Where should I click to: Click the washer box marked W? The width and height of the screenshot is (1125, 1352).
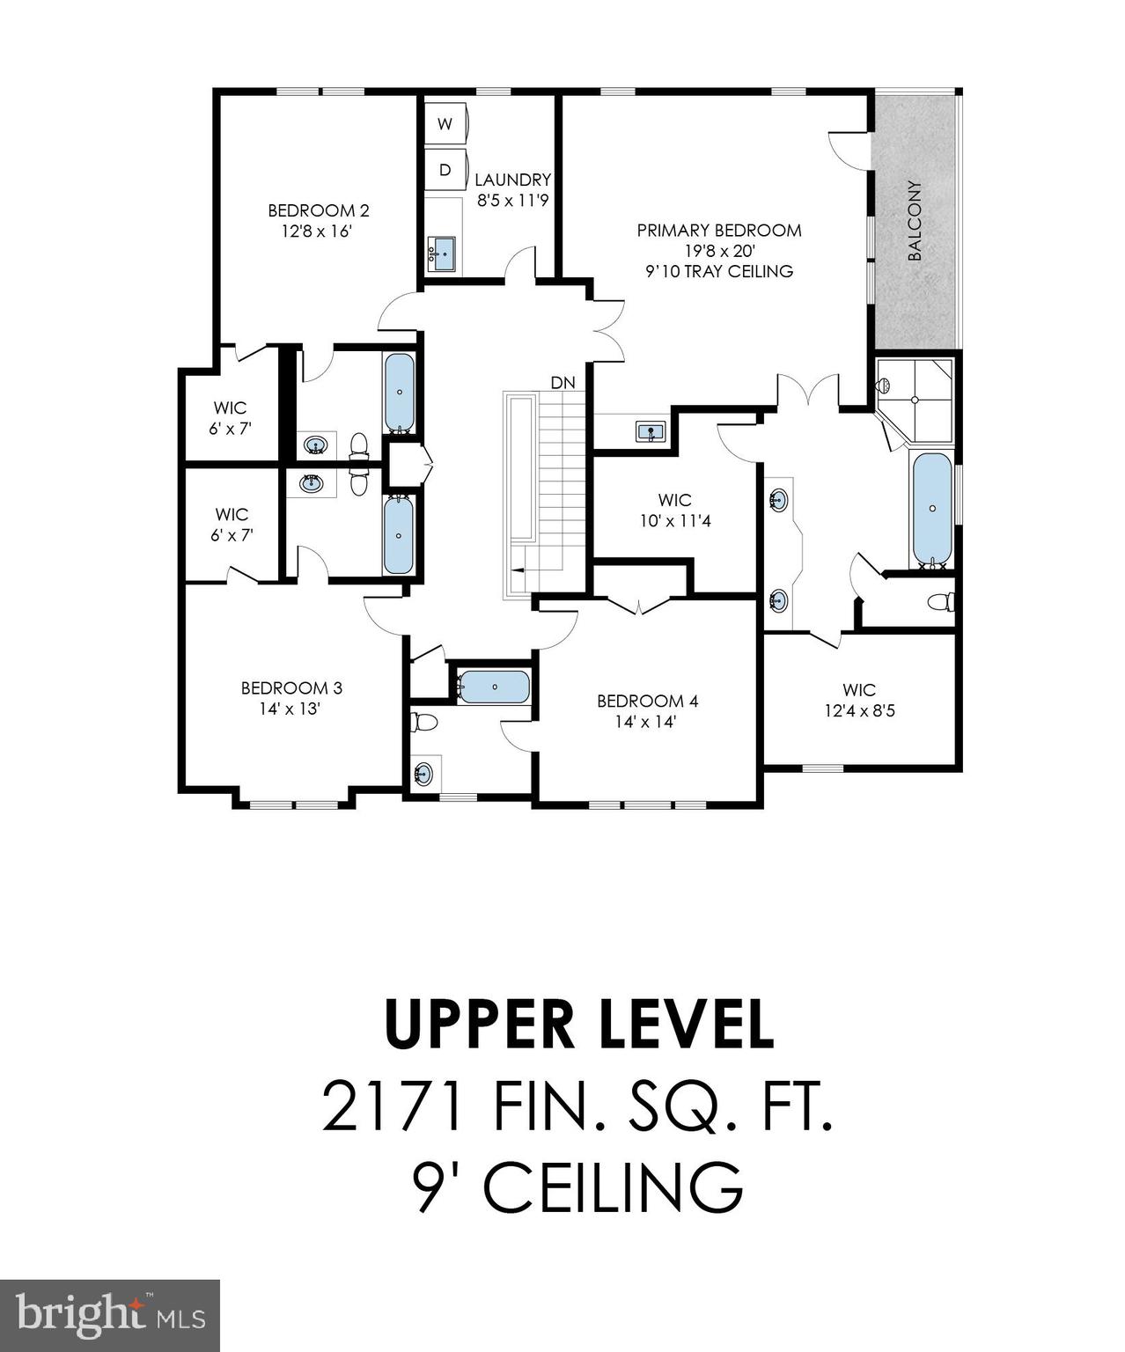click(445, 124)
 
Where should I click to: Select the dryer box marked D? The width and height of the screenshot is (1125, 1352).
click(445, 170)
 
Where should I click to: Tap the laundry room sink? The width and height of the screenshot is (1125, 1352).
click(441, 253)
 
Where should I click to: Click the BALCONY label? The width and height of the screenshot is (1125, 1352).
click(915, 221)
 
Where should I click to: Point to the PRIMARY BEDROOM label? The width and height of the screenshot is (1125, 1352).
click(719, 231)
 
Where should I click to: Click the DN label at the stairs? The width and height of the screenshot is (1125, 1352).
click(562, 383)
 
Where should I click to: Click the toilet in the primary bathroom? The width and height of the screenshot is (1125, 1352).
click(940, 602)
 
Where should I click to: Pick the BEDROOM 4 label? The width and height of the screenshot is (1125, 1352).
click(647, 701)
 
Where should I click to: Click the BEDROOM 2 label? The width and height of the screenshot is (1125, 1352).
click(318, 210)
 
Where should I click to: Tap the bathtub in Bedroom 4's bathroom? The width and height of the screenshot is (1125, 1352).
click(494, 687)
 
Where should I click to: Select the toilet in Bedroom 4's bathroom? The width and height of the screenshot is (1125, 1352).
click(424, 723)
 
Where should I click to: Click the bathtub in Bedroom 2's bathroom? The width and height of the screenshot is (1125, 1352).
click(400, 393)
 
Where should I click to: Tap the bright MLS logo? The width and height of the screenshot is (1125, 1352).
click(110, 1315)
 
